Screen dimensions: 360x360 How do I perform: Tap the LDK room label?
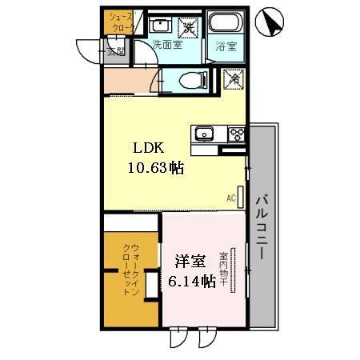[150, 149]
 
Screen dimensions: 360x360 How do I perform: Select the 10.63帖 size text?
[156, 168]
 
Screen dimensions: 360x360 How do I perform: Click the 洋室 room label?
[191, 262]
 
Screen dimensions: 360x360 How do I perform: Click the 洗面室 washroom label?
[167, 45]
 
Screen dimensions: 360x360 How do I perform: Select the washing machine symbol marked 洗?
[189, 26]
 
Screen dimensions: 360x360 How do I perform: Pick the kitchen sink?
[202, 134]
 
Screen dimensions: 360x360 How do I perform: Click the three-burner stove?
[236, 134]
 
